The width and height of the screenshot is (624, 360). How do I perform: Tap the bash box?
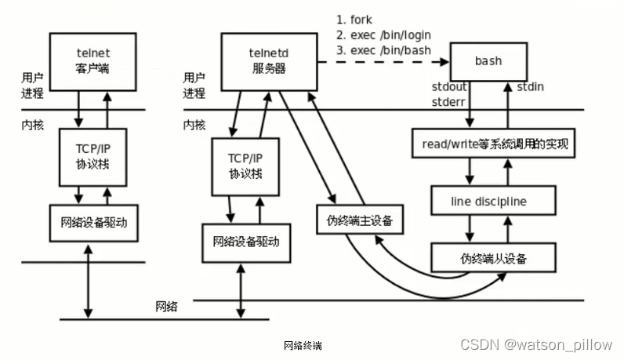(488, 60)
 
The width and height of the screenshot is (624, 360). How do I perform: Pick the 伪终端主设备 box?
(360, 220)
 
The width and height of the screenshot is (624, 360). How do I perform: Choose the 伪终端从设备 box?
(493, 258)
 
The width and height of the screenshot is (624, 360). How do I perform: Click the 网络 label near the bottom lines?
(165, 307)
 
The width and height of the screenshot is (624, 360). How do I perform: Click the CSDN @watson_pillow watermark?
(538, 344)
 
